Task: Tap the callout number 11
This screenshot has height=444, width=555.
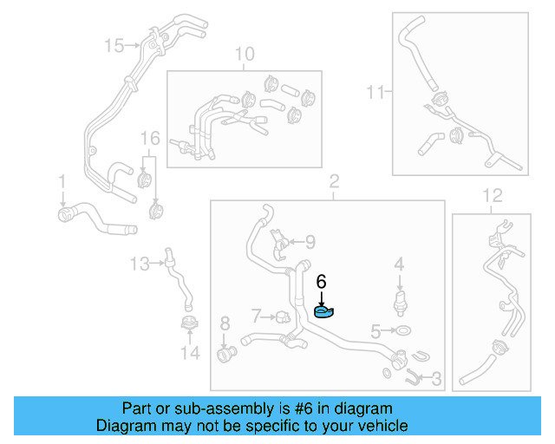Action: pyautogui.click(x=375, y=90)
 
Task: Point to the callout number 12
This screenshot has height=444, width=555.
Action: pyautogui.click(x=492, y=195)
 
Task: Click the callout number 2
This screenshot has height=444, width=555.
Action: pyautogui.click(x=333, y=181)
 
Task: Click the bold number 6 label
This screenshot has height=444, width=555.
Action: pyautogui.click(x=321, y=281)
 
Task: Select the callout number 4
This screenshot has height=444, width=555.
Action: pyautogui.click(x=399, y=264)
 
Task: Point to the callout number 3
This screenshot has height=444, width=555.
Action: pyautogui.click(x=436, y=378)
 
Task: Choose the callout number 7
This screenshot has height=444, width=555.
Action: pyautogui.click(x=256, y=314)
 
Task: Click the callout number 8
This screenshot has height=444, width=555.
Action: pyautogui.click(x=225, y=323)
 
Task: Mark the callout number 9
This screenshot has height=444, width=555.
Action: pyautogui.click(x=310, y=242)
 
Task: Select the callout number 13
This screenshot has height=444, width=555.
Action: pyautogui.click(x=140, y=261)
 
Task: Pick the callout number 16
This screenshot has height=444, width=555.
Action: pyautogui.click(x=151, y=138)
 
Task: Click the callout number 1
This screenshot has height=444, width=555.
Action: pyautogui.click(x=62, y=181)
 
